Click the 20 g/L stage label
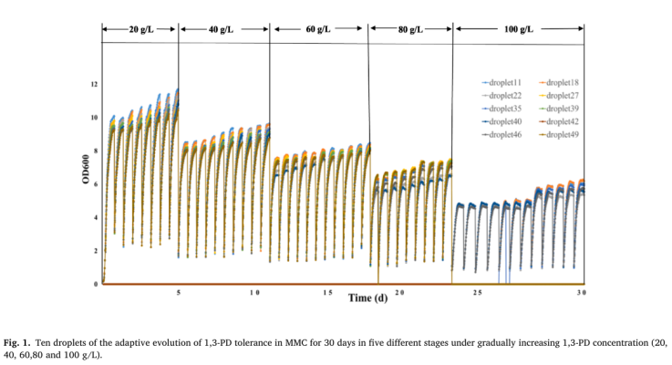point(140,30)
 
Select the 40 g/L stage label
point(221,30)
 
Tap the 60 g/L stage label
point(317,30)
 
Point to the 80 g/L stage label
point(410,30)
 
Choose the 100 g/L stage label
point(517,30)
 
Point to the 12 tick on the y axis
point(92,85)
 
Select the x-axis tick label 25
point(476,293)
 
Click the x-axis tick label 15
point(327,293)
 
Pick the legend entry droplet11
point(501,82)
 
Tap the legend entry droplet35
point(501,108)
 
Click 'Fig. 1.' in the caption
point(16,341)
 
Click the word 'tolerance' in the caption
point(237,341)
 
